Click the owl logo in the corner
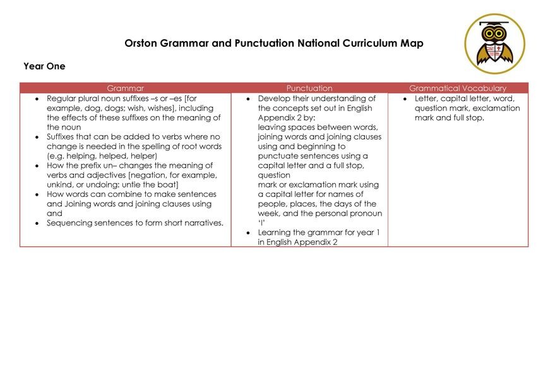coord(494,44)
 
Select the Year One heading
coord(44,66)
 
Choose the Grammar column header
coord(125,88)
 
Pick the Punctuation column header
coord(309,88)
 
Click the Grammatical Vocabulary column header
coord(458,88)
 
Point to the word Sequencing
coord(69,223)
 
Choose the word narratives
coord(201,223)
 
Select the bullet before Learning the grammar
coord(249,233)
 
